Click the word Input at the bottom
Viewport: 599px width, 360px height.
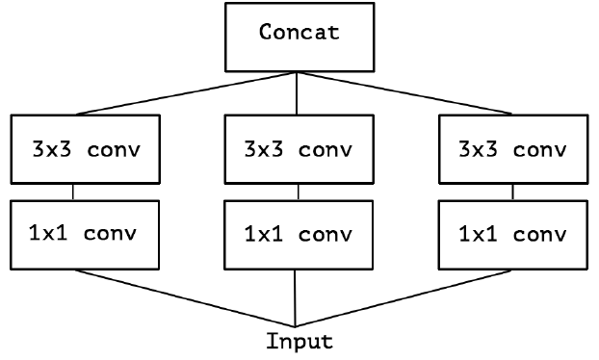(x=299, y=341)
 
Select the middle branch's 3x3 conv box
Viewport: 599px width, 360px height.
(x=298, y=149)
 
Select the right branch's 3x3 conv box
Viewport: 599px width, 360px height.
(x=512, y=149)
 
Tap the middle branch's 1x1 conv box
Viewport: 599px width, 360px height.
(x=298, y=234)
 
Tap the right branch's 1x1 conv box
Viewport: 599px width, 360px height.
(x=512, y=234)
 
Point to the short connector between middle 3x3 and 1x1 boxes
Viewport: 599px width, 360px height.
(x=298, y=192)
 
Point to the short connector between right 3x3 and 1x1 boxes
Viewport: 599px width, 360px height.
(x=512, y=192)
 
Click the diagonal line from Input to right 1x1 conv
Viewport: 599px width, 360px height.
(x=404, y=297)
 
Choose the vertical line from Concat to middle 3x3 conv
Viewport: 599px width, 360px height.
(x=297, y=92)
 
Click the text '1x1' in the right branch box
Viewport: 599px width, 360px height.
(x=478, y=234)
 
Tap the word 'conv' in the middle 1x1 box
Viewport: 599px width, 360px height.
(x=324, y=234)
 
